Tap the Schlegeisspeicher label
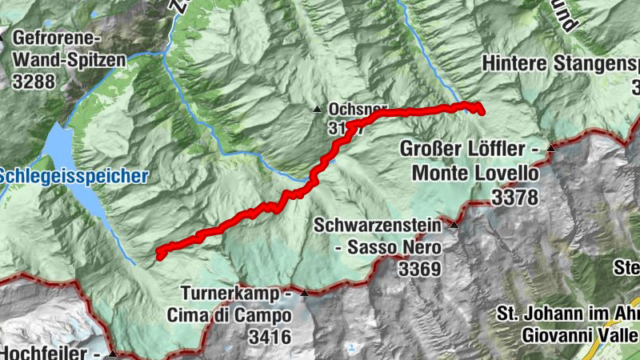(x=74, y=176)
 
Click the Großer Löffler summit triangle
(x=551, y=149)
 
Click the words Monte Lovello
(x=475, y=174)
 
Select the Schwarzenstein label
(x=378, y=226)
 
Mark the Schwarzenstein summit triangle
(x=454, y=226)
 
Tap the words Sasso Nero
(x=388, y=248)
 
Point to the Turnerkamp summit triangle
(x=304, y=294)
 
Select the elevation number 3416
(x=269, y=337)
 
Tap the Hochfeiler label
(x=48, y=353)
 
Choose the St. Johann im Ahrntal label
(x=568, y=313)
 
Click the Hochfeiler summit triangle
(x=113, y=354)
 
